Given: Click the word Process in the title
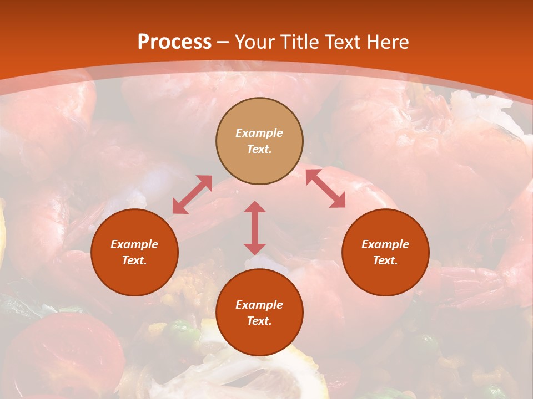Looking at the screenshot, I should point(174,42).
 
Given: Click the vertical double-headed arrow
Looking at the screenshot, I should point(255,228).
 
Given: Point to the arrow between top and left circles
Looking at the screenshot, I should point(192,195).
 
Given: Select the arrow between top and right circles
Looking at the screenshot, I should point(325,188).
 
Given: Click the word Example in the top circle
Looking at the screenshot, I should point(259,133).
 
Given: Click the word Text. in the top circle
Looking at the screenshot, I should point(259,149).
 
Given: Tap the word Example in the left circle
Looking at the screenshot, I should point(134,244).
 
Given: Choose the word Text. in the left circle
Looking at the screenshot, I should point(134,260).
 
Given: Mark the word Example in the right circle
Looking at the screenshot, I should point(385,244).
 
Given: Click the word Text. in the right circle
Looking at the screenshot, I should point(385,260).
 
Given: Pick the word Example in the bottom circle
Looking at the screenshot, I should point(259,305).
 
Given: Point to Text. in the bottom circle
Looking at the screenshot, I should point(259,321).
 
